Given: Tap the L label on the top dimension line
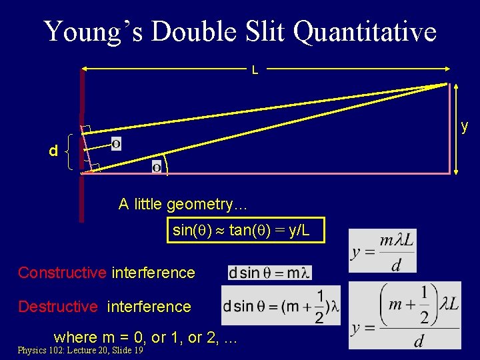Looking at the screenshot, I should (x=255, y=69).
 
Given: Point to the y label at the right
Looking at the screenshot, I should (x=465, y=126).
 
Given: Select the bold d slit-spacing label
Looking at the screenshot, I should (x=53, y=152).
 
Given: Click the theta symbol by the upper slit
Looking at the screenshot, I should (x=116, y=144).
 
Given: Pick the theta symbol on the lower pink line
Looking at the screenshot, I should (x=157, y=167).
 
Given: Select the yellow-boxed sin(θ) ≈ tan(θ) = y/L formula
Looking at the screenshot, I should (x=245, y=231).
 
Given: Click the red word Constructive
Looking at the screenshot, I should (x=62, y=273).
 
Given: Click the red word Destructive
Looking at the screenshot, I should (x=58, y=307).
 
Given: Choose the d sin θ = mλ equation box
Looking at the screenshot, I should (x=269, y=273).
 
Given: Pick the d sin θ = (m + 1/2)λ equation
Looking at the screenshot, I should (x=281, y=306).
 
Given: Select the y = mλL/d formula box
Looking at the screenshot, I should (x=382, y=251).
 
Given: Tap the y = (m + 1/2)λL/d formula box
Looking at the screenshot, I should (x=405, y=315).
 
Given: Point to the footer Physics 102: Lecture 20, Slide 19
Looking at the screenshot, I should (x=80, y=350).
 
